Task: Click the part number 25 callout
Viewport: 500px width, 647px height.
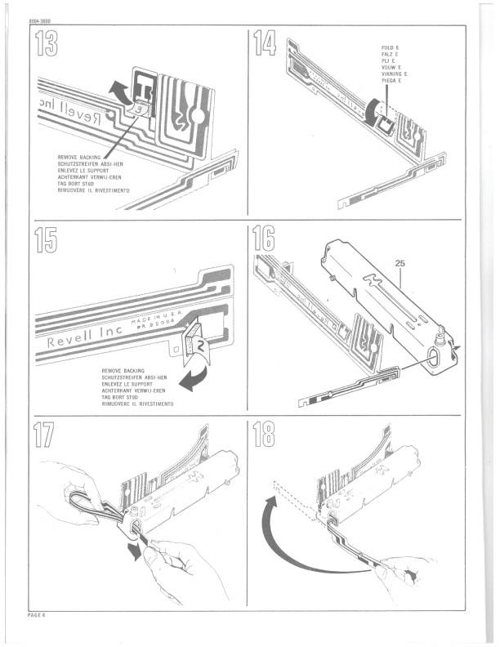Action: (x=400, y=264)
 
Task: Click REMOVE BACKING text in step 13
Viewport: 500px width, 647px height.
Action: (x=81, y=157)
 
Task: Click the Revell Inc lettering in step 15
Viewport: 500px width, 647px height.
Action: (x=81, y=341)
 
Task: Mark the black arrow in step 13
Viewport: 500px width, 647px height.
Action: (x=121, y=87)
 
